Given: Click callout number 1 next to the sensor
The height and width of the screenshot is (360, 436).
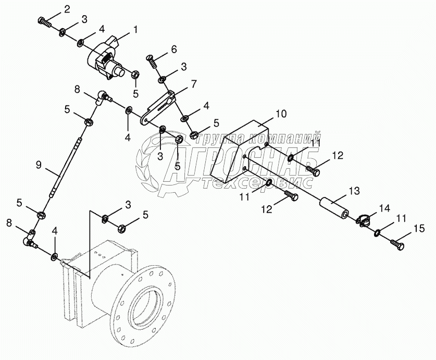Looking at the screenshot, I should click(x=135, y=30).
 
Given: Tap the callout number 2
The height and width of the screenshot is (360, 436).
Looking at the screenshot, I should click(x=67, y=9).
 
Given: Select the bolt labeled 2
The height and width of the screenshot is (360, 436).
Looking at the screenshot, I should click(x=43, y=22).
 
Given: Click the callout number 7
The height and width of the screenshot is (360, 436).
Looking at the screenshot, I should click(x=193, y=83).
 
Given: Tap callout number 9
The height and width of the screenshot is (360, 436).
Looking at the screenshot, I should click(x=38, y=165).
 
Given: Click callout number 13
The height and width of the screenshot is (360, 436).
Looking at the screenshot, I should click(x=354, y=192).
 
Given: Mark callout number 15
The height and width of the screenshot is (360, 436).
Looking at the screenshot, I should click(x=419, y=228).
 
